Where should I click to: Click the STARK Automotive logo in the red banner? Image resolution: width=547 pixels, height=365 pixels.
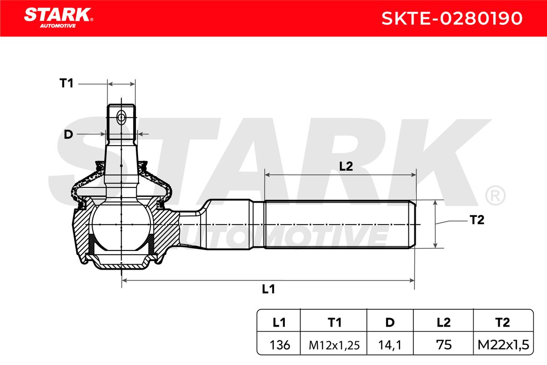point(59,18)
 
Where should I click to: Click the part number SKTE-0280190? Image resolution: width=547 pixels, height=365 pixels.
point(452,18)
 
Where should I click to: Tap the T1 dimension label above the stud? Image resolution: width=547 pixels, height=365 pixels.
point(67,83)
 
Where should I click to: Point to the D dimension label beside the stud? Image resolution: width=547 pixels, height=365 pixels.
point(68,135)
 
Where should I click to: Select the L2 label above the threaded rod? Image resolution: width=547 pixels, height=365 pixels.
point(346,167)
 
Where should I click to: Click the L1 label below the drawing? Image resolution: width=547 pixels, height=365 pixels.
point(268,289)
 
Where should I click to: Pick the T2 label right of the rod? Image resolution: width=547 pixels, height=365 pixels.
point(477,220)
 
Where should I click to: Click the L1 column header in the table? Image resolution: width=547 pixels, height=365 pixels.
point(279,323)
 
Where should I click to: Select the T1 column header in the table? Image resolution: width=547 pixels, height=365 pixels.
point(335,323)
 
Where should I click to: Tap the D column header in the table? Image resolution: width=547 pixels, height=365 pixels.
point(390,323)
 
